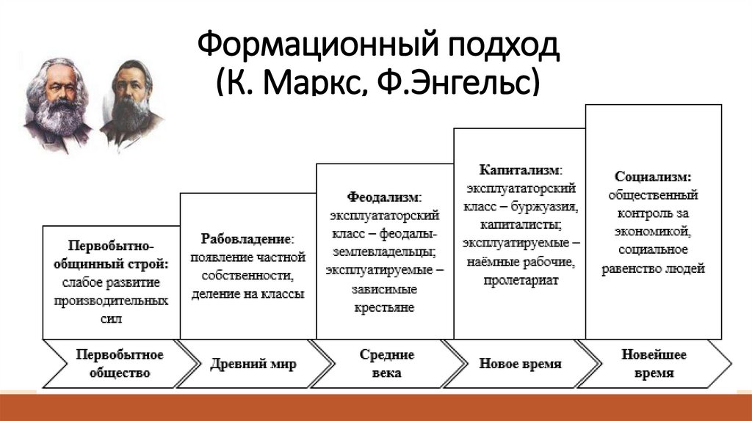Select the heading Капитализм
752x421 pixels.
tap(520, 169)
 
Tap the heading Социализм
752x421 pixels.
tap(652, 177)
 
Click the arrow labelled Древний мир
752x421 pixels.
tap(253, 364)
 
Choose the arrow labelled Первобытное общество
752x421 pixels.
tap(110, 364)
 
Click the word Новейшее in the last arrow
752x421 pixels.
tap(654, 355)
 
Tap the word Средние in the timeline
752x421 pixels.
tap(386, 355)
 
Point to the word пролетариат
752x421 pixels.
tap(521, 279)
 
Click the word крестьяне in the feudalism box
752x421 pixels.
tap(384, 307)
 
